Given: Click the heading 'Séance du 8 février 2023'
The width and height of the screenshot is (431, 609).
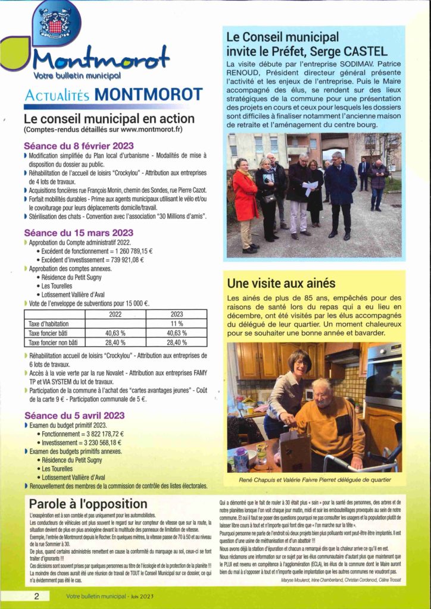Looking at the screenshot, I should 79,145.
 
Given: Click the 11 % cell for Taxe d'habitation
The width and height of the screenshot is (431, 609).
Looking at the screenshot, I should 177,324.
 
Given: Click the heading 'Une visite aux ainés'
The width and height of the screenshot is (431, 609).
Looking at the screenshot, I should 281,283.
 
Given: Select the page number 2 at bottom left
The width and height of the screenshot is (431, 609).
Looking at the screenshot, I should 37,596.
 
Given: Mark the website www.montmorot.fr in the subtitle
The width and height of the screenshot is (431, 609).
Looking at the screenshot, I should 148,129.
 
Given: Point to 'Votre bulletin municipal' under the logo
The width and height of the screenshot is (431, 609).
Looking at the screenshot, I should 78,76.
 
